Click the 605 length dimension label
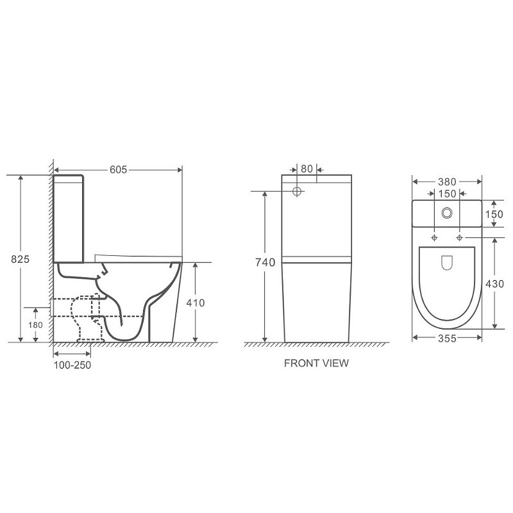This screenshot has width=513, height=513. (118, 169)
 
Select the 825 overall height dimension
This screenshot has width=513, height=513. (20, 259)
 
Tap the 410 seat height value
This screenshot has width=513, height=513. (196, 303)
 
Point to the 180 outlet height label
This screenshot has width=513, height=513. (35, 325)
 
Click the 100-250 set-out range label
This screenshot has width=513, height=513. (72, 365)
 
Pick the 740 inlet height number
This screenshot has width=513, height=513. (265, 262)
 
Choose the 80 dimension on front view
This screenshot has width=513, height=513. (307, 169)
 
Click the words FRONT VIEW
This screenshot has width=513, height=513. (316, 363)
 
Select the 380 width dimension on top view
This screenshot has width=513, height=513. (447, 182)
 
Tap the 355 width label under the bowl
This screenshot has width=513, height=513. (447, 339)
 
